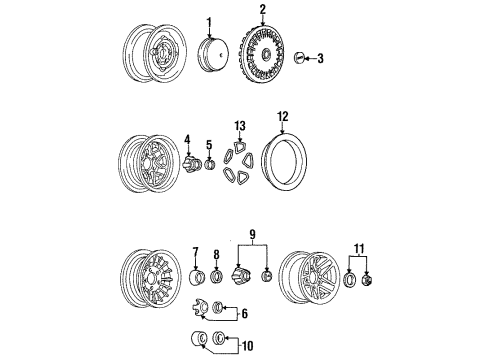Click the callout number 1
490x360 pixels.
pyautogui.click(x=210, y=23)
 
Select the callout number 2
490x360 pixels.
pyautogui.click(x=262, y=11)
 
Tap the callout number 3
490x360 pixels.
pyautogui.click(x=321, y=60)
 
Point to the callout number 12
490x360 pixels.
pyautogui.click(x=283, y=118)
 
